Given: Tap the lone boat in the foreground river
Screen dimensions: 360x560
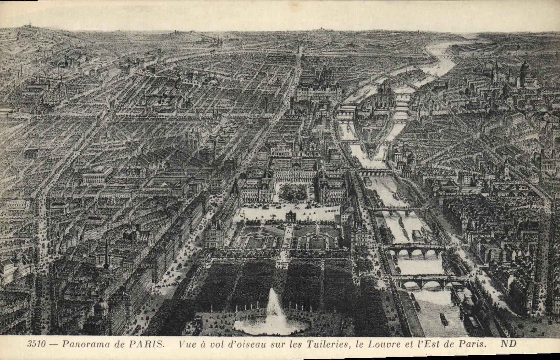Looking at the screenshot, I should click(x=444, y=319).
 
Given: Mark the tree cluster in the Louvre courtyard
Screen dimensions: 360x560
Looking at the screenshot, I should click(x=293, y=192).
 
